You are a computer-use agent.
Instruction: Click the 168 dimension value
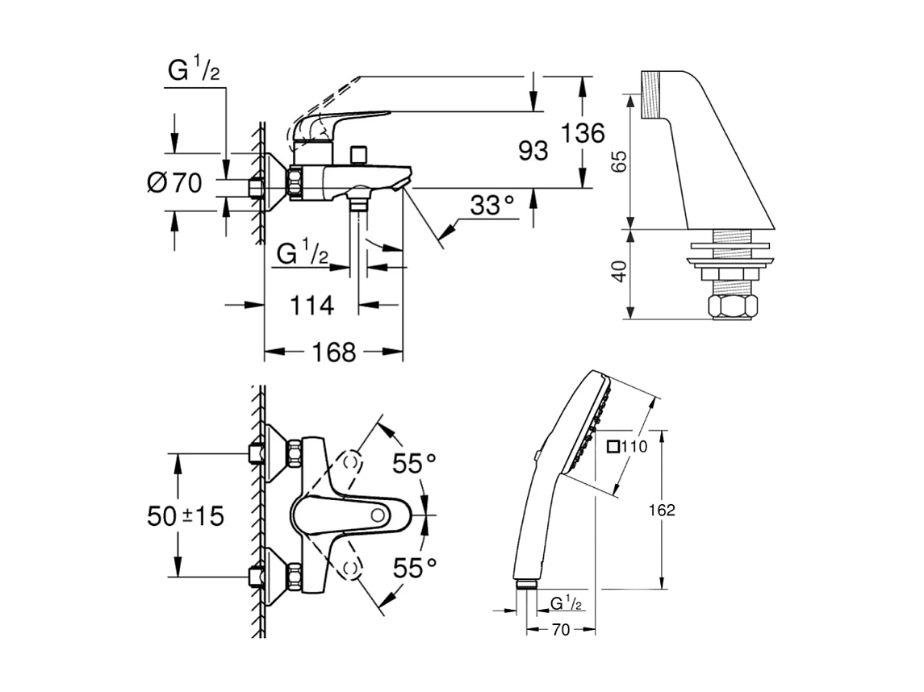[333, 352]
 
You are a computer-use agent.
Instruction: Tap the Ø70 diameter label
[174, 183]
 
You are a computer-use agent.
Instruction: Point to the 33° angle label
[492, 206]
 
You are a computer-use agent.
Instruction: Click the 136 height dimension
[583, 133]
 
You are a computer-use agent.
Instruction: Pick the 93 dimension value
[533, 150]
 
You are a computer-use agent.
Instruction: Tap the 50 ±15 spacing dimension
[186, 515]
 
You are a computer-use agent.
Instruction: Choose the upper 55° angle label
[414, 464]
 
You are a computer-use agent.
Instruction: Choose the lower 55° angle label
[414, 568]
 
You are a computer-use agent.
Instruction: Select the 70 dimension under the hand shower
[560, 630]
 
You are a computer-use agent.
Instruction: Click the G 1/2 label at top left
[193, 71]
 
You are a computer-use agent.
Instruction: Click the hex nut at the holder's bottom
[733, 306]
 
